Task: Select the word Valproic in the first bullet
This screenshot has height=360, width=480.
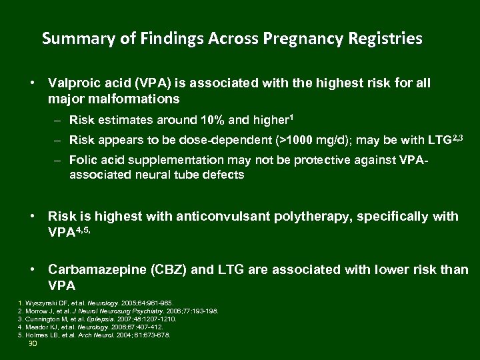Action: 73,83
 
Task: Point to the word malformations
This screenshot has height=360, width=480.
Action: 113,99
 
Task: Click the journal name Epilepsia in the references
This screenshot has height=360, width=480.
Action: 123,319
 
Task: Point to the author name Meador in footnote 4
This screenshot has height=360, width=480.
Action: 36,327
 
